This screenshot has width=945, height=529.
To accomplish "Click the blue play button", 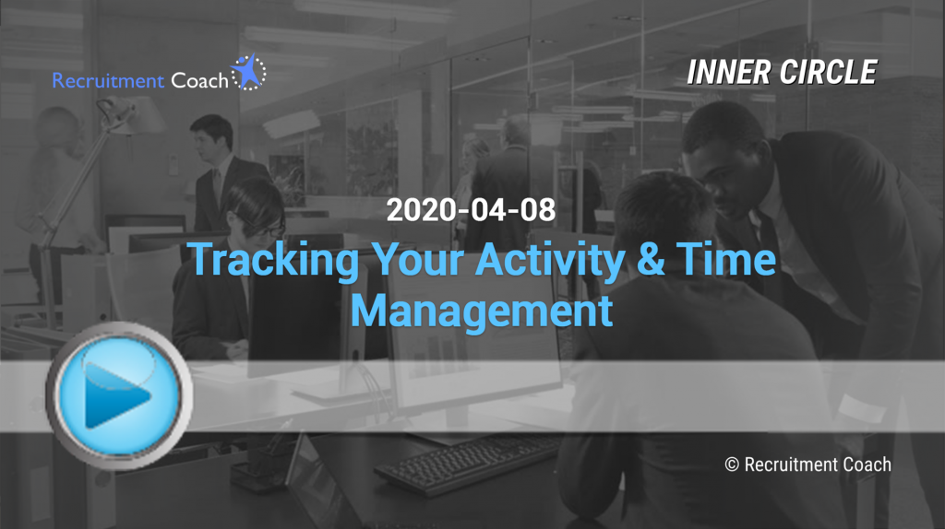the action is coord(119,395).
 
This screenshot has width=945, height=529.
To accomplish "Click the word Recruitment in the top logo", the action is coord(108,80).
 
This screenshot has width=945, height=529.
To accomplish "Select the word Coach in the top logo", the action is coord(199,80).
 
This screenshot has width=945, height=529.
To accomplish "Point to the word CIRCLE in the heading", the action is coord(829,72).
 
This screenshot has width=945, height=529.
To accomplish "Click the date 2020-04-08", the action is coord(471,210).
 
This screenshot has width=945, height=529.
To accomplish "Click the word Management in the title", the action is coord(482,312).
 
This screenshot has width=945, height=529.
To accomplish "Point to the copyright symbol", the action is coord(732,464).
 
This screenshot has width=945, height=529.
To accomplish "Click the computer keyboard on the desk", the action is coord(467,464).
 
